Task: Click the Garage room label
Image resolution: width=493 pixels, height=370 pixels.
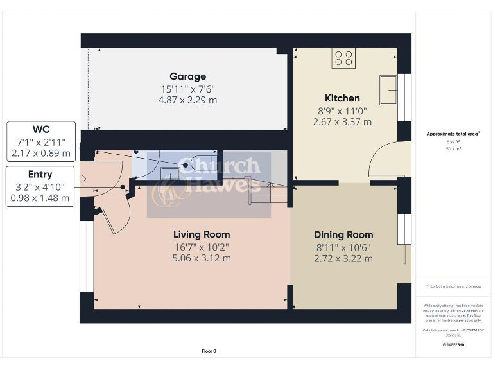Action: point(187,76)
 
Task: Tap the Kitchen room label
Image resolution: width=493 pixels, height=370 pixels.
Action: point(342,98)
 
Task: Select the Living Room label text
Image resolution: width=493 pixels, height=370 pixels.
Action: point(202,234)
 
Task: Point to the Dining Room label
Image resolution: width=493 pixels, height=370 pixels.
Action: point(343,235)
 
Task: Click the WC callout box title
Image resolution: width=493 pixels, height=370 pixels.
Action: point(41,129)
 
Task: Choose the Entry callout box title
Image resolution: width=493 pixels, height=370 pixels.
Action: point(40,174)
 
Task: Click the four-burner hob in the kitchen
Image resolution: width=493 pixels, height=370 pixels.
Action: point(343,58)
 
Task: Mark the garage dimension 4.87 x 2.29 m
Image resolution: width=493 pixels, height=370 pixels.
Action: point(187,100)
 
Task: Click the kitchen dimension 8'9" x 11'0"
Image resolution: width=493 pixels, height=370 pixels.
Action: point(342,110)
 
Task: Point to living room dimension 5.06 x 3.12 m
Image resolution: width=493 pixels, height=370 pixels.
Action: point(202,258)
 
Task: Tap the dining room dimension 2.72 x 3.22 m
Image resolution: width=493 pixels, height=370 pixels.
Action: point(343,259)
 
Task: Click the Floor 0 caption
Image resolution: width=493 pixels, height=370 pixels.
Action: point(209,351)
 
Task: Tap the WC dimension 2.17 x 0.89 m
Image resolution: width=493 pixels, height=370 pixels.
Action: point(41,154)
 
